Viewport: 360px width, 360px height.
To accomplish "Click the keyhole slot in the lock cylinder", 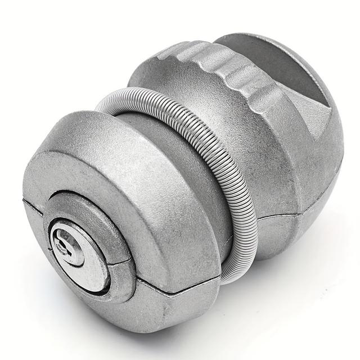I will click(x=67, y=243).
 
